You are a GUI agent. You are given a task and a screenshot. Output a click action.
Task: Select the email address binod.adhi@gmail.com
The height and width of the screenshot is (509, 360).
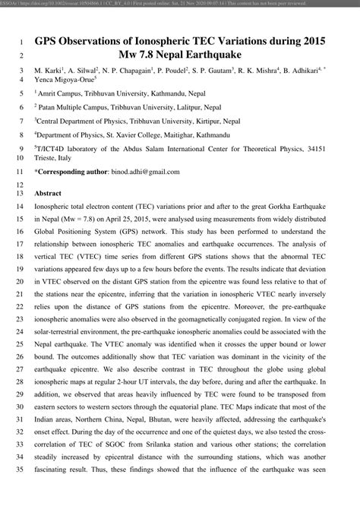pos(147,172)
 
